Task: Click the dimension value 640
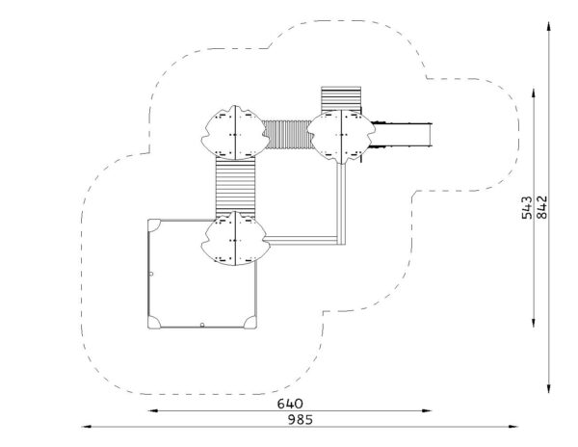pos(290,404)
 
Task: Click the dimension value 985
pos(300,420)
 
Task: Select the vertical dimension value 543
pos(527,208)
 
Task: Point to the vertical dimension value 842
pos(541,207)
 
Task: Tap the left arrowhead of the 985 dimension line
pos(86,427)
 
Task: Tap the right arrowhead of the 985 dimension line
pos(513,427)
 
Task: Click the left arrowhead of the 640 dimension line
pos(152,410)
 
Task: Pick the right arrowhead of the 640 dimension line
pos(427,410)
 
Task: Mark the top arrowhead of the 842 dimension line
pos(549,27)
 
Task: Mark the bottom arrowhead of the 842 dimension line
pos(549,388)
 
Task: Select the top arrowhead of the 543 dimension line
pos(534,92)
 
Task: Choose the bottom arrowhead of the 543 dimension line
pos(534,323)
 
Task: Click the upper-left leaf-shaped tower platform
pos(235,133)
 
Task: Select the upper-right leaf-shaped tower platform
pos(341,137)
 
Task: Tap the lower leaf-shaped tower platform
pos(235,238)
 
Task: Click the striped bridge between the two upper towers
pos(288,135)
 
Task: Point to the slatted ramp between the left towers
pos(236,186)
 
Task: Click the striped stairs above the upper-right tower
pos(341,99)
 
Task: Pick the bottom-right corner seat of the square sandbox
pos(251,323)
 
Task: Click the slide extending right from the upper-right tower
pos(402,135)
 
